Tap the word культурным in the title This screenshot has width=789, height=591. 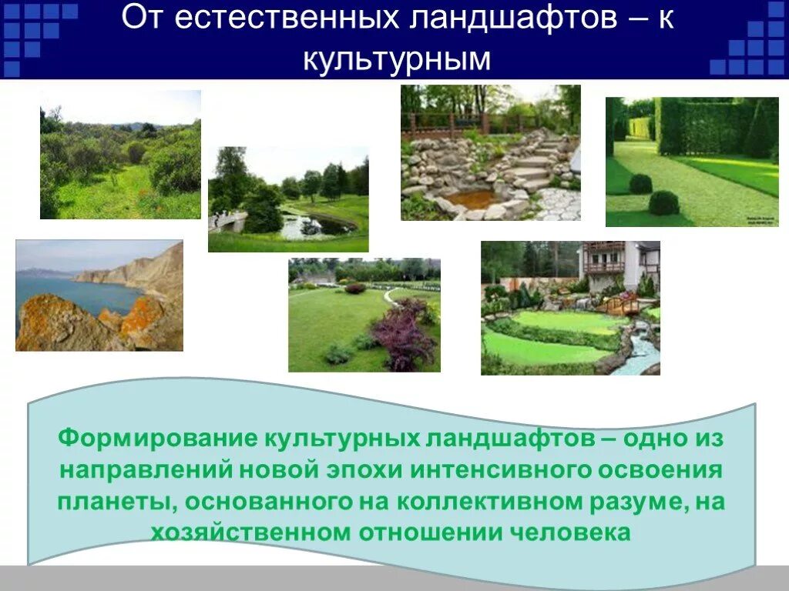tap(396, 58)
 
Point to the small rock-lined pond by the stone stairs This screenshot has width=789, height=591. tap(467, 199)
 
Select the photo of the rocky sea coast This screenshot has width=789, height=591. tap(99, 295)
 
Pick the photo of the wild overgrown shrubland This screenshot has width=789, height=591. tap(120, 154)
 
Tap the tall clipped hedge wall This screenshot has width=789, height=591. tap(705, 127)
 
